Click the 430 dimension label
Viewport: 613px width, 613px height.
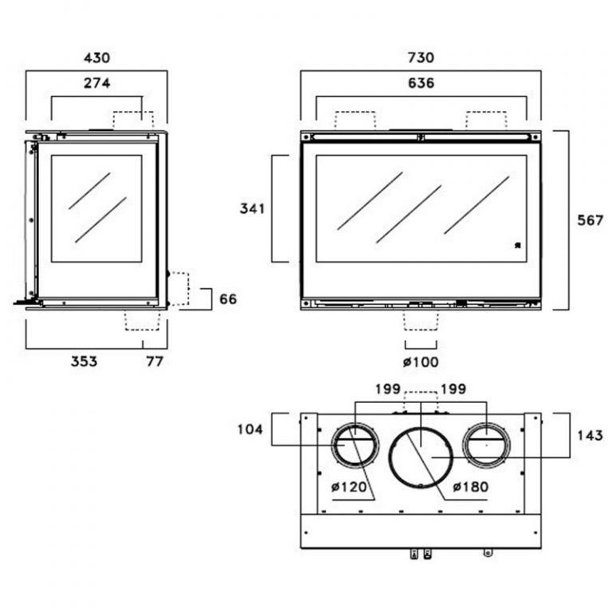tap(97, 58)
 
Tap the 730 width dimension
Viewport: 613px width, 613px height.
tap(421, 58)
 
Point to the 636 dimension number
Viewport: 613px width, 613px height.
tap(421, 83)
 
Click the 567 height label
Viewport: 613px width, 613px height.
tap(591, 221)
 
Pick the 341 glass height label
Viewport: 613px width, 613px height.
tap(253, 209)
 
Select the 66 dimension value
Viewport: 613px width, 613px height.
tap(228, 299)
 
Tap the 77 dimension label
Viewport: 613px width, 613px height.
tap(154, 362)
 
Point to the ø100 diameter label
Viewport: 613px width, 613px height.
tap(420, 362)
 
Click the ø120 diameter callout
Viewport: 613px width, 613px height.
tap(349, 485)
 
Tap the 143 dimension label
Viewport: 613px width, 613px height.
tap(590, 435)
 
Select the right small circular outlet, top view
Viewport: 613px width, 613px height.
tap(485, 444)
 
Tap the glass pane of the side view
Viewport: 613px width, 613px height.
tap(97, 209)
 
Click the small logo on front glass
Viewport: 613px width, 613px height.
tap(516, 246)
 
